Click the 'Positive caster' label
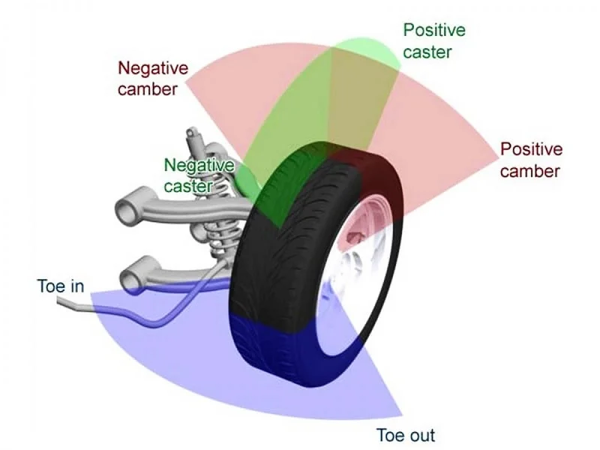pos(433,40)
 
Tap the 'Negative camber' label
pos(153,78)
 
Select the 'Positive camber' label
pos(530,159)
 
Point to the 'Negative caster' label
pos(198,174)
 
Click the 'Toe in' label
pos(60,286)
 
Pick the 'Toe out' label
pos(406,434)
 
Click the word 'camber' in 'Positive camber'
pos(530,170)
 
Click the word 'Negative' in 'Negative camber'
pos(153,67)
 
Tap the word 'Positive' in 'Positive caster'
pos(433,31)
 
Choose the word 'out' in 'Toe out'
pos(421,434)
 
